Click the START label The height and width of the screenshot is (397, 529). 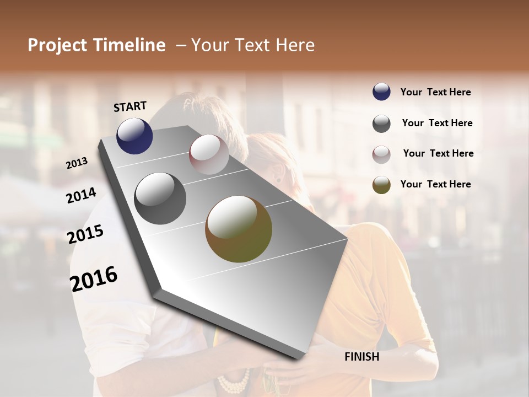coord(130,106)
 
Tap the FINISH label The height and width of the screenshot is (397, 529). coord(362,357)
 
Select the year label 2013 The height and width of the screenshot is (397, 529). coord(77,163)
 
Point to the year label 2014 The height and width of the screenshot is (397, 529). coord(81,195)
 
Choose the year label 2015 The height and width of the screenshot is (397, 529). coord(85,234)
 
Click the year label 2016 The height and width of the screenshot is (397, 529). coord(94,278)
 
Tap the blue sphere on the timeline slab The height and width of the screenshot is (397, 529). coord(134,136)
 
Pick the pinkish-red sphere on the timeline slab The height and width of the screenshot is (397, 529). coord(209,154)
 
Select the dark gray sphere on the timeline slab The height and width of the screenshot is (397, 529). coord(160,198)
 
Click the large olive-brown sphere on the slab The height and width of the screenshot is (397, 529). coord(239,229)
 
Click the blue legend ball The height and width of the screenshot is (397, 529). coord(381,92)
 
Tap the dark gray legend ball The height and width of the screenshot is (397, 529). coord(381,124)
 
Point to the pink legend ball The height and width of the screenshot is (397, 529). coord(381,154)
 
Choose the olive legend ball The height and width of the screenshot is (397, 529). coord(381,185)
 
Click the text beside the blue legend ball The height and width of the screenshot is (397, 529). coord(435,92)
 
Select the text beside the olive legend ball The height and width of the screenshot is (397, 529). coord(435,184)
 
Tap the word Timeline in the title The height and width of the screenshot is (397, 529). coord(129,45)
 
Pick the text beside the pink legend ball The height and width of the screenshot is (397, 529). coord(438,153)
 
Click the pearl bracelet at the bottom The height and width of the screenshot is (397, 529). coord(234,382)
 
